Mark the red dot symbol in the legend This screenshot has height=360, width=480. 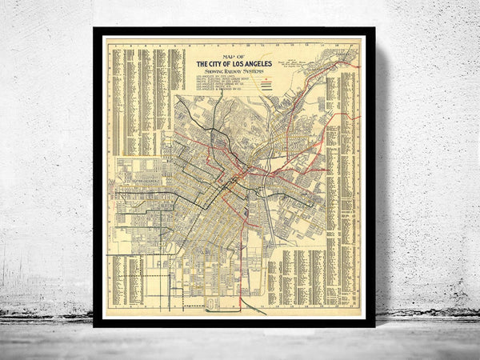click(x=268, y=78)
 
